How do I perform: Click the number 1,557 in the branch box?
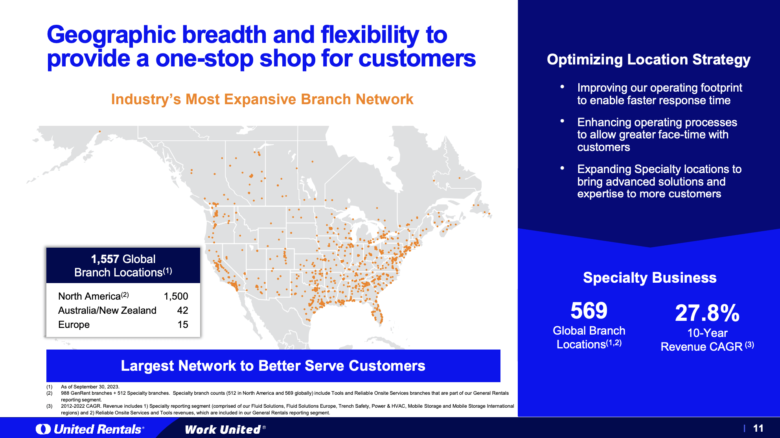point(105,259)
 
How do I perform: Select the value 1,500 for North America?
point(176,296)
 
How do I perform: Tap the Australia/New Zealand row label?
point(107,310)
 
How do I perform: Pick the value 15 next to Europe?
point(183,324)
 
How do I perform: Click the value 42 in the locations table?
point(182,310)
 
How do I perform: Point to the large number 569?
point(589,311)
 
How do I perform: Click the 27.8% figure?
point(707,313)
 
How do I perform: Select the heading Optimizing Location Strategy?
point(648,59)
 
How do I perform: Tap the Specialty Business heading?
point(649,278)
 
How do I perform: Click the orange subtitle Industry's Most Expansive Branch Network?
point(262,99)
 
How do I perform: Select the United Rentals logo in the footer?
point(90,429)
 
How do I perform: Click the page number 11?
point(758,428)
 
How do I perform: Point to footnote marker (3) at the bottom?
point(49,406)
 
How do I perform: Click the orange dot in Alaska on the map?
point(100,131)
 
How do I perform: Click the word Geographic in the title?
point(111,35)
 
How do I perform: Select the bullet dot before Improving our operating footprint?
point(562,86)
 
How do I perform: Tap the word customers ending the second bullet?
point(603,147)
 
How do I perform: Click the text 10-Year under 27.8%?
point(707,333)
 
